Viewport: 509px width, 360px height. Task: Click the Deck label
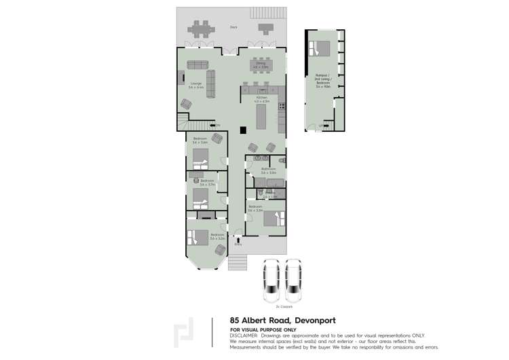pos(233,27)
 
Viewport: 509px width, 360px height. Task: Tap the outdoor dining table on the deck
pos(200,30)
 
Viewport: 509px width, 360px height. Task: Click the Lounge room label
pos(196,86)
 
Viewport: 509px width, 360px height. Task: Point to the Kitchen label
pos(261,99)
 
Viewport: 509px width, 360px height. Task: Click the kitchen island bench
pos(261,118)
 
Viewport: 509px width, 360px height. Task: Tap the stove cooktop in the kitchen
pos(281,106)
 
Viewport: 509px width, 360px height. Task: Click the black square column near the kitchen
pos(242,132)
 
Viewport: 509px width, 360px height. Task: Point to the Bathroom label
pos(267,170)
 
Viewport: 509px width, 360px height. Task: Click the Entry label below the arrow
pos(238,244)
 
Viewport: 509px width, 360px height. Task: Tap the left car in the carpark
pos(270,282)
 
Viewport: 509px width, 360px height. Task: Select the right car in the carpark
pos(293,282)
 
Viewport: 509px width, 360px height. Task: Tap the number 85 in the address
pos(235,320)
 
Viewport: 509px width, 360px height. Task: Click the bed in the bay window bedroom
pos(199,238)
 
